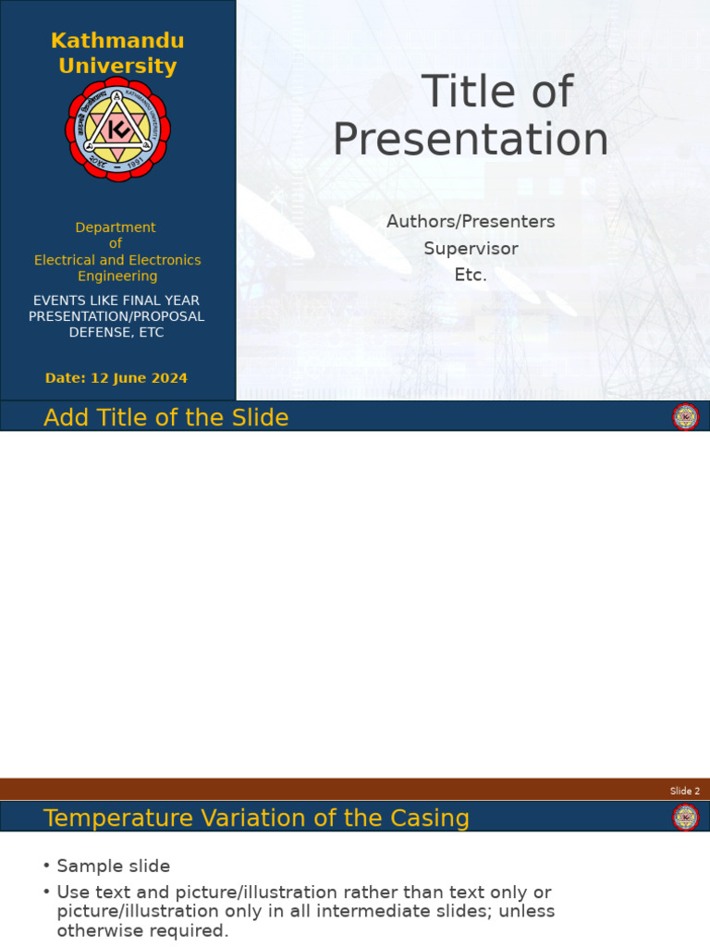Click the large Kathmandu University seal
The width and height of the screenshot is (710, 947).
[x=117, y=129]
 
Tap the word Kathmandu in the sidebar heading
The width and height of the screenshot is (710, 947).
[x=117, y=41]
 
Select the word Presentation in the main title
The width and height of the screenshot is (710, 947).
[x=471, y=140]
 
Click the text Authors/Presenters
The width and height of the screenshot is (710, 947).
[x=471, y=222]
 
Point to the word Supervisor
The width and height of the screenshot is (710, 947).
[x=471, y=249]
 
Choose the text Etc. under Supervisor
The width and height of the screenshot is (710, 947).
[x=471, y=276]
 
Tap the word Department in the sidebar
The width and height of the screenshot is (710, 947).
[x=116, y=228]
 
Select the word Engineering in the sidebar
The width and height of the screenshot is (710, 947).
[x=117, y=277]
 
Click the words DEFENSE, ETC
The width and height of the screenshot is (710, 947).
[x=116, y=333]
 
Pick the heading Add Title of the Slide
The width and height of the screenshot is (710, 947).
[x=166, y=418]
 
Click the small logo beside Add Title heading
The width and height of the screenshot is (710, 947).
[x=685, y=417]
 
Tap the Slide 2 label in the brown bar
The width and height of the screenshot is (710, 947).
[x=685, y=791]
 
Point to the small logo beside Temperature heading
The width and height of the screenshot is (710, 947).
[x=685, y=818]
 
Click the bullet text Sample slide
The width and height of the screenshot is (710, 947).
[x=114, y=867]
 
